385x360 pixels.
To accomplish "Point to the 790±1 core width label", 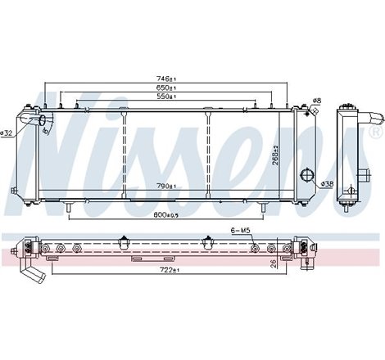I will pyautogui.click(x=166, y=187).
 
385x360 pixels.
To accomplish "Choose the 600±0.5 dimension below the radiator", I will pyautogui.click(x=166, y=215).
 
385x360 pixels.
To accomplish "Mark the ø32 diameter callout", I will pyautogui.click(x=7, y=133).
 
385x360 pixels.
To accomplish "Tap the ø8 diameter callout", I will pyautogui.click(x=316, y=101).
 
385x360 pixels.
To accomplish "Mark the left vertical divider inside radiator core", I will pyautogui.click(x=123, y=155).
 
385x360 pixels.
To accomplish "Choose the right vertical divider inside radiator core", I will pyautogui.click(x=210, y=155).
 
